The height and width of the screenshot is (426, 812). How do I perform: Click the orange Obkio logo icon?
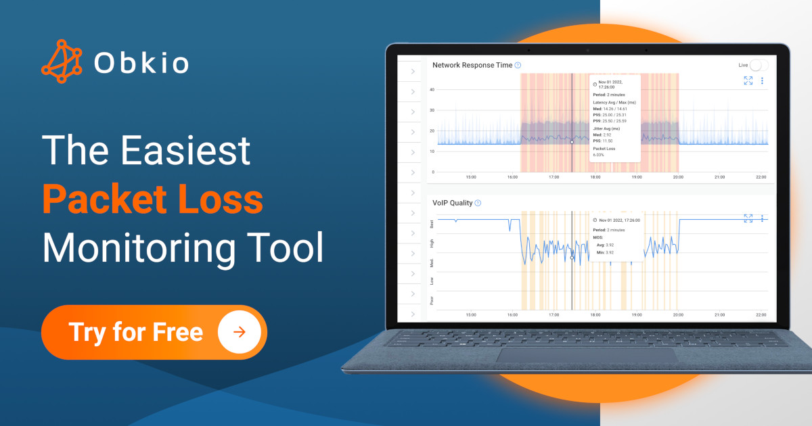[x=62, y=62]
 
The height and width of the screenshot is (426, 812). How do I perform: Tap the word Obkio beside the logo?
[x=141, y=63]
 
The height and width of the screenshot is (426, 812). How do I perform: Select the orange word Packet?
[x=102, y=200]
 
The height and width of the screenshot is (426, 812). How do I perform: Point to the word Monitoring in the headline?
[x=142, y=247]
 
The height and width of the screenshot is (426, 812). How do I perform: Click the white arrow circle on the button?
[x=239, y=332]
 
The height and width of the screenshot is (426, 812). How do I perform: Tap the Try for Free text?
[x=135, y=332]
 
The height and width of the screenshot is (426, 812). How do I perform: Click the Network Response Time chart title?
[x=472, y=65]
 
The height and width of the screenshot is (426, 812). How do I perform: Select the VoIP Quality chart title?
[x=452, y=203]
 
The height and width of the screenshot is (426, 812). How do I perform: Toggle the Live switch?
[x=759, y=65]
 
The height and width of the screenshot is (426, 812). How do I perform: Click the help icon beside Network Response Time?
[x=518, y=65]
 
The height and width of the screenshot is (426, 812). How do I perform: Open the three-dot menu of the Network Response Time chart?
[x=762, y=80]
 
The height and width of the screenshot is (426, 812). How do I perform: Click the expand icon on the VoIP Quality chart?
[x=748, y=218]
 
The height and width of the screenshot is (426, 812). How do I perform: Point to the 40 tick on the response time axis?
[x=432, y=89]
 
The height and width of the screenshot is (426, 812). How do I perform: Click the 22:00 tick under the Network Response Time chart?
[x=761, y=177]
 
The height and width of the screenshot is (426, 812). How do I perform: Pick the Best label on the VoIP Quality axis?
[x=432, y=223]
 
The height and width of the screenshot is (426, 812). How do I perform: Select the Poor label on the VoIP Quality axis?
[x=432, y=300]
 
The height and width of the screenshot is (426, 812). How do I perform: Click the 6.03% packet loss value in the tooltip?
[x=598, y=155]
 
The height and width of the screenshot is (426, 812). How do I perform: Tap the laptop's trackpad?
[x=586, y=355]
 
